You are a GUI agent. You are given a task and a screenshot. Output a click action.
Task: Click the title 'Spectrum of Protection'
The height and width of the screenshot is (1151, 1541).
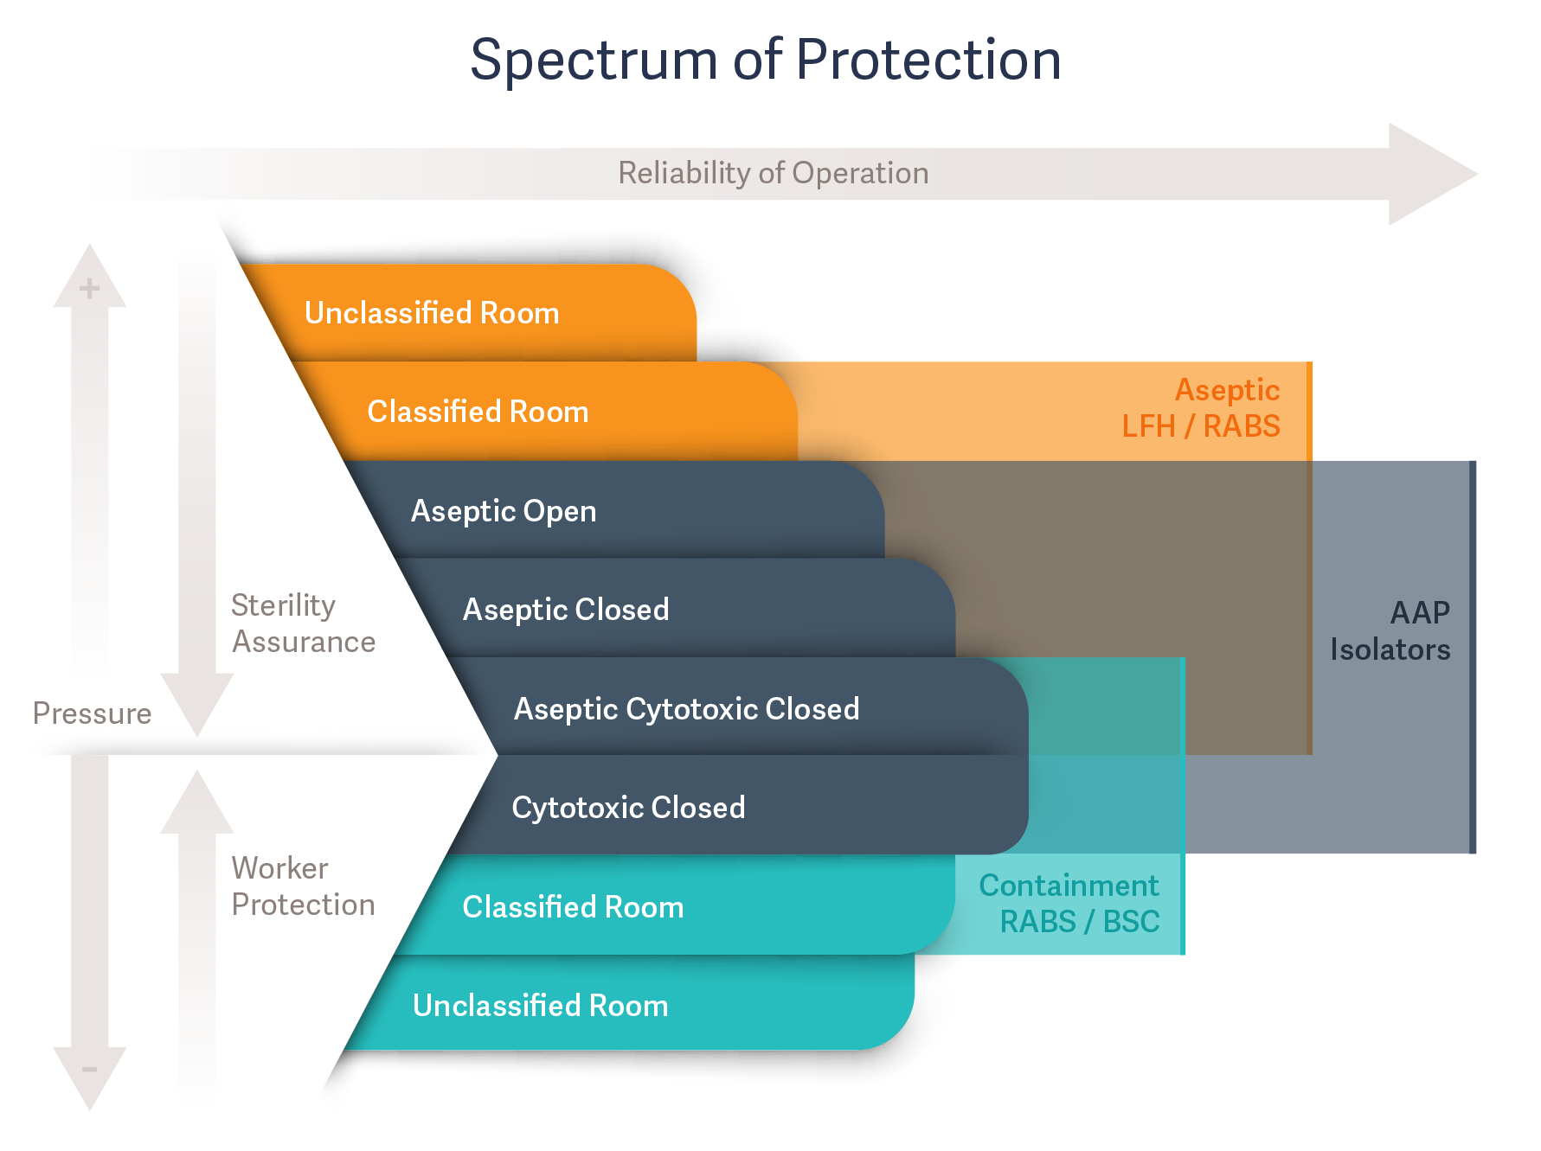766,61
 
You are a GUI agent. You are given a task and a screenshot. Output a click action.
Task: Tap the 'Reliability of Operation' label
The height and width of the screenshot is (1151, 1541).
773,173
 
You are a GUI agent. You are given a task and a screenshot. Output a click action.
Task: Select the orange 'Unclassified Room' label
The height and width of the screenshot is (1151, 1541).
432,313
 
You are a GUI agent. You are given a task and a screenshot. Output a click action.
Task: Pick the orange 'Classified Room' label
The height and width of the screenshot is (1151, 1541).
478,412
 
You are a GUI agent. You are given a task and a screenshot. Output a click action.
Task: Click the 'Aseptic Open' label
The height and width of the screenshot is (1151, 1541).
504,511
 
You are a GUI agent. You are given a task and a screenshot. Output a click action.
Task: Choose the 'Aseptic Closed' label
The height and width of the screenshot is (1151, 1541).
566,610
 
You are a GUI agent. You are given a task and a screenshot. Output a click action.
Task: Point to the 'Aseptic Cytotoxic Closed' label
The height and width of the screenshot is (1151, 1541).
686,709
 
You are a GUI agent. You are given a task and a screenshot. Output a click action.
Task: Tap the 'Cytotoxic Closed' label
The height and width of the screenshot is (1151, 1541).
628,808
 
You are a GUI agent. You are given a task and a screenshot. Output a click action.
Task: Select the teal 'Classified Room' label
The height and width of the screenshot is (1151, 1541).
573,907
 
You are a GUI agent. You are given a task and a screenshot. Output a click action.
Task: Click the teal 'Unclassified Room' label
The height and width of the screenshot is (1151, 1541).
540,1006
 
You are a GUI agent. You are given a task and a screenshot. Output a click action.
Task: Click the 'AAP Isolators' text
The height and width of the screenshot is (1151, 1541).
1390,631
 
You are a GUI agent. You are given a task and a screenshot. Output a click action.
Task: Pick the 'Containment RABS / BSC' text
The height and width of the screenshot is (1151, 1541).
1069,904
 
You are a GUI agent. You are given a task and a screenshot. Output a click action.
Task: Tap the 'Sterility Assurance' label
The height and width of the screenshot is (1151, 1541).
303,623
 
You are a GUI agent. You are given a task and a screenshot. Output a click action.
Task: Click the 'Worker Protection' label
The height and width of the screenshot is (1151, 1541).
303,886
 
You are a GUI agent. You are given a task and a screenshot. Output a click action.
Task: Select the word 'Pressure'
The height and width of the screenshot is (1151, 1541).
92,713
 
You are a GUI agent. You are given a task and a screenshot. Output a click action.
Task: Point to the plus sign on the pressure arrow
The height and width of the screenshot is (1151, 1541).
89,288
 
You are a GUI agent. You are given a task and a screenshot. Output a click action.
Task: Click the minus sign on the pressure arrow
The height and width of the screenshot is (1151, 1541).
89,1070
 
